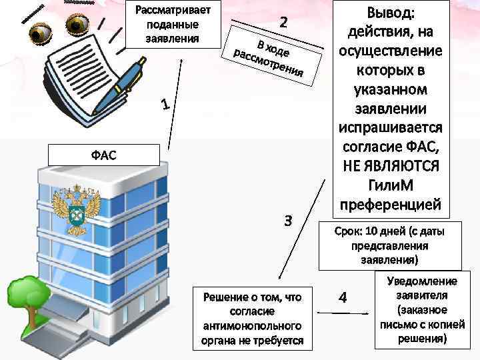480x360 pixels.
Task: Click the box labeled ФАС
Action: click(x=103, y=155)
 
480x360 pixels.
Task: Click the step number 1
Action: click(x=166, y=105)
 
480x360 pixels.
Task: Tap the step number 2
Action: click(x=283, y=22)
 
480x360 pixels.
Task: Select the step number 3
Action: click(x=288, y=221)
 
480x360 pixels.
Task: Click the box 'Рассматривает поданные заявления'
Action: click(x=172, y=25)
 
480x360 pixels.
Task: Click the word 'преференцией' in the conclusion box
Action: click(x=393, y=203)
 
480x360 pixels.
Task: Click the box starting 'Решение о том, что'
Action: click(x=247, y=319)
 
